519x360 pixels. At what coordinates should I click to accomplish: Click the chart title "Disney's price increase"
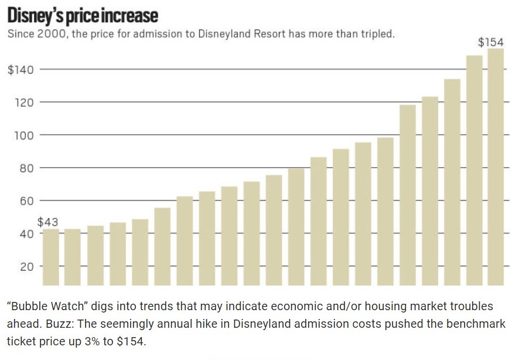83,14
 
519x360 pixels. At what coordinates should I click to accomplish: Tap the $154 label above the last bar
491,42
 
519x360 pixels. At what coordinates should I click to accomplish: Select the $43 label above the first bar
48,222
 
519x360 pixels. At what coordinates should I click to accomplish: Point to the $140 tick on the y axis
21,70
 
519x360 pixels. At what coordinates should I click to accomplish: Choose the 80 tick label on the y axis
27,168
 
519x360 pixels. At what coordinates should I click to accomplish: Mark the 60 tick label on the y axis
27,201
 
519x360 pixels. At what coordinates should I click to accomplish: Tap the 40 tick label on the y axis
27,234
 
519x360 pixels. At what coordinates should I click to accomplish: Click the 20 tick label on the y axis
27,267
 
